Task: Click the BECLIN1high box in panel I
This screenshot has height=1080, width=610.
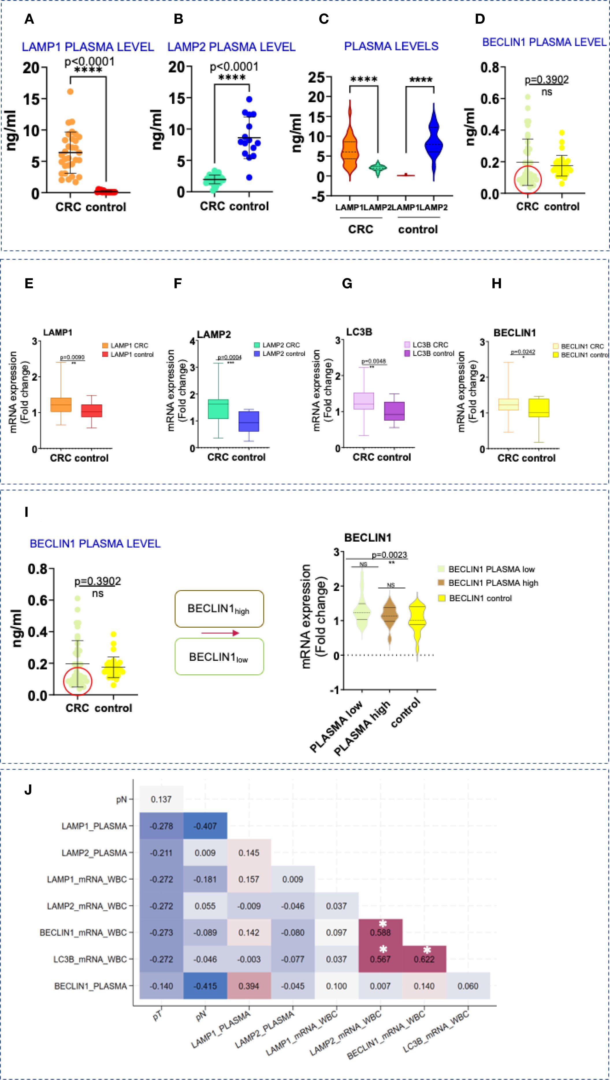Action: pyautogui.click(x=219, y=609)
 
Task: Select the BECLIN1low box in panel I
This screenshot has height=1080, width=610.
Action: pyautogui.click(x=219, y=656)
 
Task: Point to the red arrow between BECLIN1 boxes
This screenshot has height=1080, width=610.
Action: pyautogui.click(x=220, y=633)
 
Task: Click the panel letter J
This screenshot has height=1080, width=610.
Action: pyautogui.click(x=28, y=790)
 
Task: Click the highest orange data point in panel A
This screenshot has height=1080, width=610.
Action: pyautogui.click(x=70, y=92)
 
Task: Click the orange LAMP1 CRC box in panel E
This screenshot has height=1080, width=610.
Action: pyautogui.click(x=61, y=404)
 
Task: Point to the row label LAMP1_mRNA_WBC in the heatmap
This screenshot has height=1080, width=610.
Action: pyautogui.click(x=87, y=879)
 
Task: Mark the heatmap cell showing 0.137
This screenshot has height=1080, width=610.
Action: pyautogui.click(x=161, y=799)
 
